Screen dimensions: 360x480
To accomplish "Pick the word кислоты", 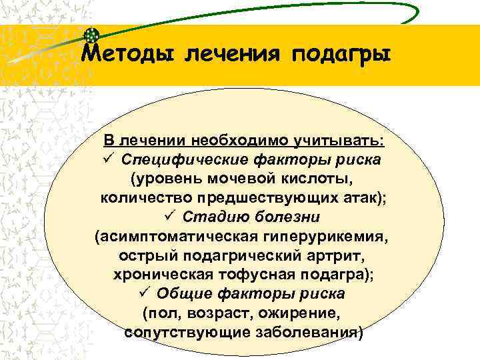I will click(x=321, y=179).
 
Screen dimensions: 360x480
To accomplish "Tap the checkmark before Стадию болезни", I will click(x=169, y=217).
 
